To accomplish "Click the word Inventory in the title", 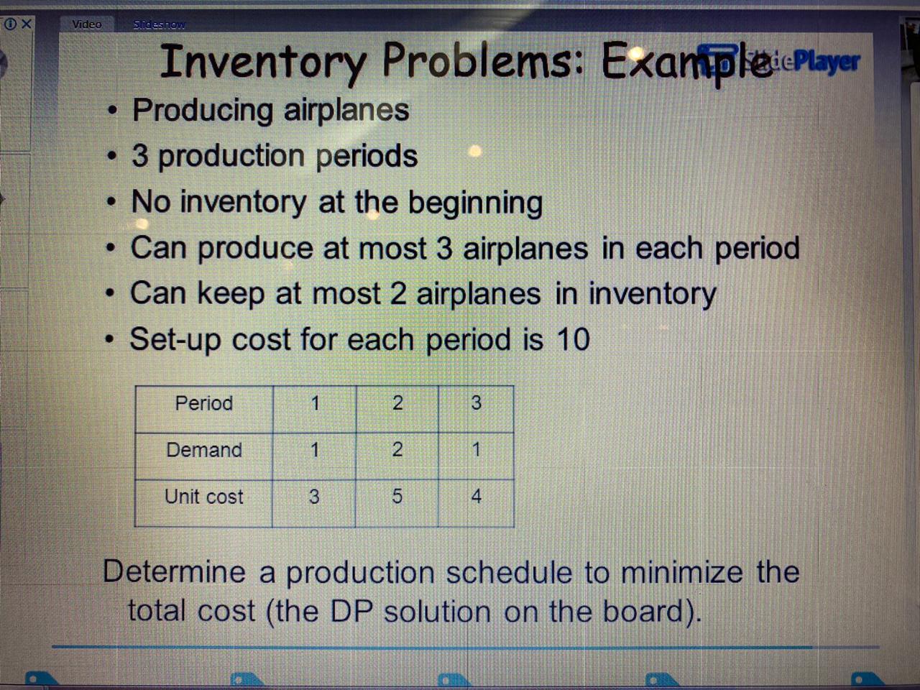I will coord(263,62).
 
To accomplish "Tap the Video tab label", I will coord(87,24).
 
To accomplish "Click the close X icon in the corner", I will coord(27,24).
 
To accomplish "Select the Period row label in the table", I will coord(204,403).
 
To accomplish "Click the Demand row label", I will coord(204,450).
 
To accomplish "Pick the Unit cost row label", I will coord(204,497).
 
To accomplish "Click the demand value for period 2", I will coord(397,450).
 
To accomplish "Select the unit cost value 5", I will coord(397,497).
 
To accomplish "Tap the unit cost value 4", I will coord(476,497).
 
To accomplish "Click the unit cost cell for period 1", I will coord(314,497).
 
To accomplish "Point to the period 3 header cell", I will coord(476,403).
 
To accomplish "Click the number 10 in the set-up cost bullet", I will coord(573,339).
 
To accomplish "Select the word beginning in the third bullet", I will coord(475,203).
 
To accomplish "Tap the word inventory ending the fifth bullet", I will coord(653,294).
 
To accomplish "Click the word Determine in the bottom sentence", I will coord(175,572).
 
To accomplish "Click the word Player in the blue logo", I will coord(827,62).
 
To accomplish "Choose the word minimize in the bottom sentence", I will coord(681,573).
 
